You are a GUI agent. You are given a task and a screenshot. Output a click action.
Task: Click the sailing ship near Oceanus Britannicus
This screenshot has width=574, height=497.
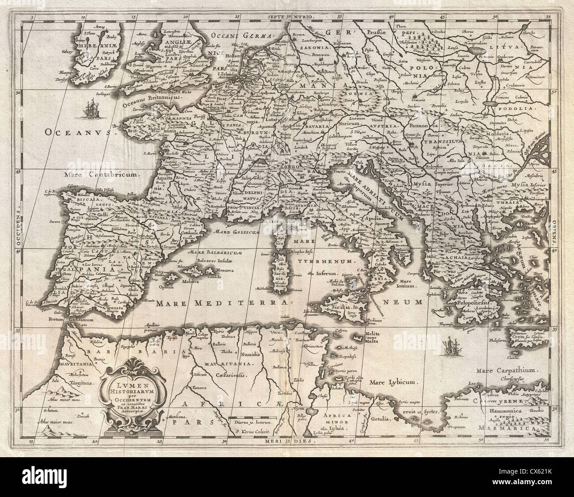(x=92, y=110)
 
